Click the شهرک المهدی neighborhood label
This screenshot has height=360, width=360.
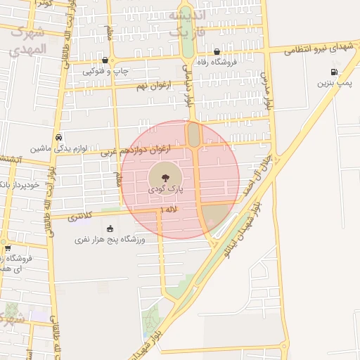[29, 41]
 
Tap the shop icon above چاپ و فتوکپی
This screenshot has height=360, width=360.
[105, 60]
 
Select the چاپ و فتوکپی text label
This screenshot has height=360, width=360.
[105, 71]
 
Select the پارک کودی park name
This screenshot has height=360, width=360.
[166, 190]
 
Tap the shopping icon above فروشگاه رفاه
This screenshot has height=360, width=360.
[217, 51]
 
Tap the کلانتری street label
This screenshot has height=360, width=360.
[82, 218]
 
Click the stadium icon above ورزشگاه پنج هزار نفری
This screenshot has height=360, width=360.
[110, 229]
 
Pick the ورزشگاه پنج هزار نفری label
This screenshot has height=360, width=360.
[110, 240]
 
